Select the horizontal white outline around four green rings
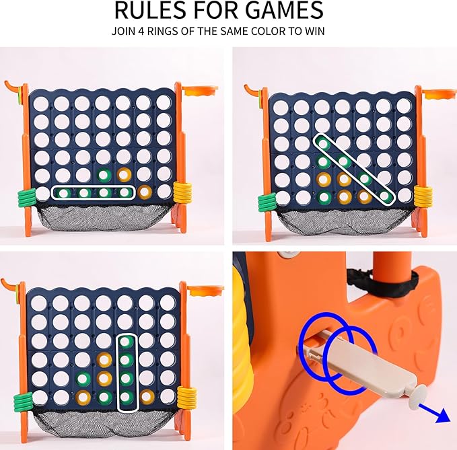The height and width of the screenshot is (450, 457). pos(94,192)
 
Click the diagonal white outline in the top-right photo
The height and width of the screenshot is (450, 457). pos(353,168)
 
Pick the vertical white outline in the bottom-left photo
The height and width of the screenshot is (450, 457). pos(126,372)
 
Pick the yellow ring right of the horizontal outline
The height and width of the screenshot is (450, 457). pos(145,192)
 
